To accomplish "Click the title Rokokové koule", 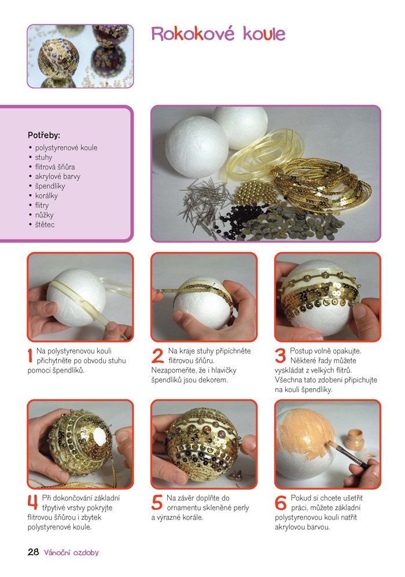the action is pyautogui.click(x=218, y=34).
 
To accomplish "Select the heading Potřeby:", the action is pyautogui.click(x=44, y=135).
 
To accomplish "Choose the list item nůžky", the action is pyautogui.click(x=44, y=215).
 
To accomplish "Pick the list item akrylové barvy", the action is pyautogui.click(x=57, y=177).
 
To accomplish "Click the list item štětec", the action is pyautogui.click(x=45, y=225).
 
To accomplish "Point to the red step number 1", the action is pyautogui.click(x=30, y=356).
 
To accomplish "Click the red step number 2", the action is pyautogui.click(x=157, y=356).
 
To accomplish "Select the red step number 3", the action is pyautogui.click(x=281, y=356).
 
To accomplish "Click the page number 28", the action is pyautogui.click(x=33, y=552).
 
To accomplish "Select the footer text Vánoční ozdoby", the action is pyautogui.click(x=71, y=552).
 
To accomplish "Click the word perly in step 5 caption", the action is pyautogui.click(x=241, y=508).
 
